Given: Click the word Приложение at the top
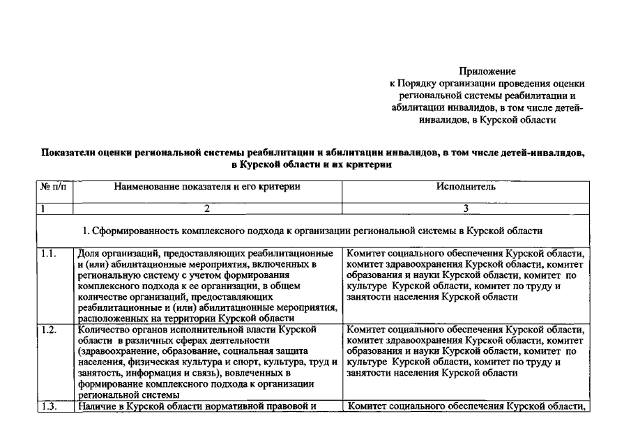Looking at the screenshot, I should click(x=487, y=71).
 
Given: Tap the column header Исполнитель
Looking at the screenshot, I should click(x=466, y=187).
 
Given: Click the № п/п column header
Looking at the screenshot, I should click(x=54, y=187).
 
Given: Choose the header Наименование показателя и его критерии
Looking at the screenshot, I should click(x=207, y=187).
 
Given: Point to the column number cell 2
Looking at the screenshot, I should click(x=207, y=208).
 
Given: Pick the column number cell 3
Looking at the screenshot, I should click(x=466, y=208).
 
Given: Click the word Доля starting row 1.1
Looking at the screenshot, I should click(x=89, y=254).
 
